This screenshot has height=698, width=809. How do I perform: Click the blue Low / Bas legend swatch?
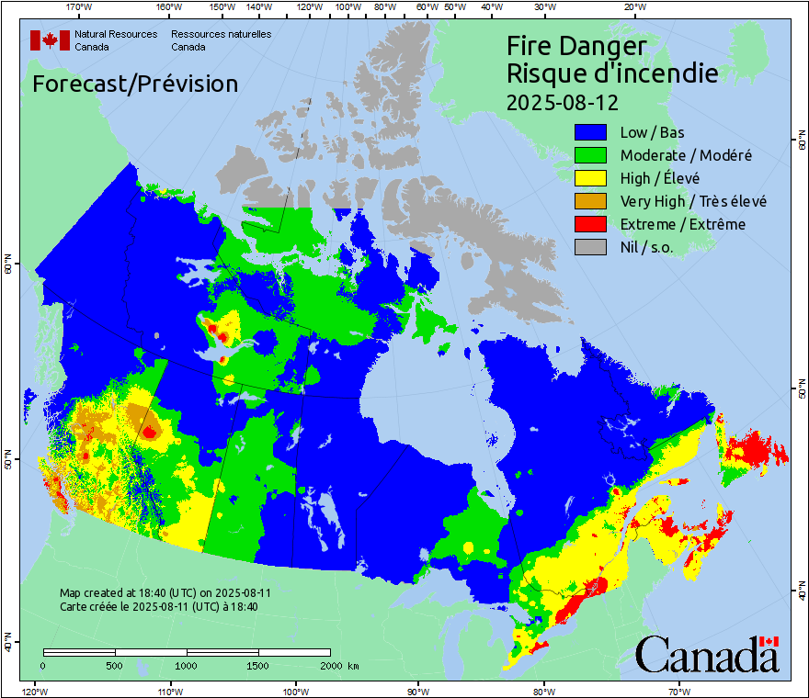tap(590, 133)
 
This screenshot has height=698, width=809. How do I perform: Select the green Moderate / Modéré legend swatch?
tap(590, 156)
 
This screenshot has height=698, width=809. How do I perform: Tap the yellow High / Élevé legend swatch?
tap(590, 178)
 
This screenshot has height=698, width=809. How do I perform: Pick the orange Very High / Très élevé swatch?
tap(590, 201)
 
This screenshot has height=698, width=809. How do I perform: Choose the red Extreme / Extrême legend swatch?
tap(590, 224)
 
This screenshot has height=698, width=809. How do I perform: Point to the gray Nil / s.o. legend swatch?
tap(590, 247)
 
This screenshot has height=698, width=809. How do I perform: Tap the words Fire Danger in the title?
tap(576, 46)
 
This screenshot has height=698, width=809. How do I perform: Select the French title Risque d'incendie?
tap(612, 73)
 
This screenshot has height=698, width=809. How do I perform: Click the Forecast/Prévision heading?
tap(135, 84)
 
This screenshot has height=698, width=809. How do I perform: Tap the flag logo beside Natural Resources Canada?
tap(50, 39)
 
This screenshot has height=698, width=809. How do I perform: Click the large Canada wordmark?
tap(707, 654)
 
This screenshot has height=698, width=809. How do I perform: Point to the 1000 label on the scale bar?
tap(187, 665)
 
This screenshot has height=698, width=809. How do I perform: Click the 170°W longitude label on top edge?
tap(80, 7)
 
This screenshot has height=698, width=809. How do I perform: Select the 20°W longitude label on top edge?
tap(632, 7)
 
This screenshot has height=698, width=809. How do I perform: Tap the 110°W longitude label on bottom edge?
tap(168, 691)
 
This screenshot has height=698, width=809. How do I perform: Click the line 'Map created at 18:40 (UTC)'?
tap(165, 593)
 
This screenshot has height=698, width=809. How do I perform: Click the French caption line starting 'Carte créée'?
tap(158, 606)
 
